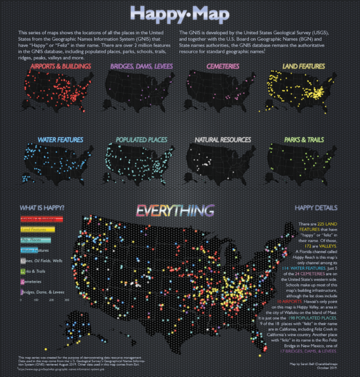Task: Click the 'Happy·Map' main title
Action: click(x=179, y=13)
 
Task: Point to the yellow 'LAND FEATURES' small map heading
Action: click(x=301, y=66)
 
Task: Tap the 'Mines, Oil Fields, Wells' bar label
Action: click(x=44, y=260)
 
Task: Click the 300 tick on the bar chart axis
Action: click(x=67, y=300)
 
